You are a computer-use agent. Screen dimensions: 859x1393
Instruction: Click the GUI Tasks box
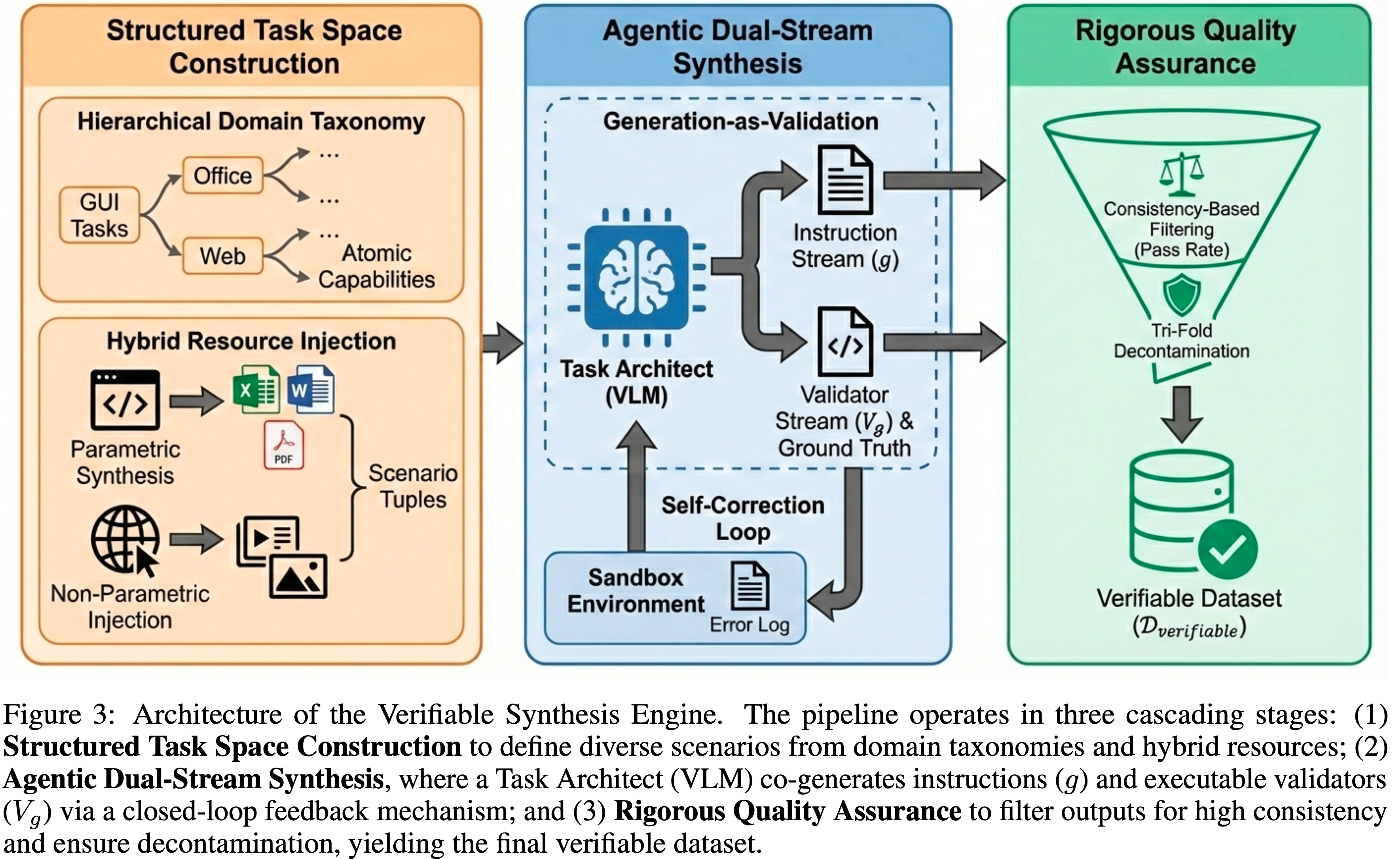pos(99,215)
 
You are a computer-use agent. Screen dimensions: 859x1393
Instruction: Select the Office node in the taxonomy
pos(222,176)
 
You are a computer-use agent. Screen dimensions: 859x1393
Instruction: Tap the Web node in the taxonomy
pos(222,256)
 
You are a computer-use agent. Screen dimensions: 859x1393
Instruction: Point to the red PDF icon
pos(284,445)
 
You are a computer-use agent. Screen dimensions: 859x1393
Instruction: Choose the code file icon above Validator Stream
pos(845,342)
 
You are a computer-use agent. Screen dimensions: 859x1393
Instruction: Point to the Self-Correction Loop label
pos(743,518)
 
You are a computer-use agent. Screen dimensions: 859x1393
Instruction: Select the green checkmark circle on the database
pos(1228,549)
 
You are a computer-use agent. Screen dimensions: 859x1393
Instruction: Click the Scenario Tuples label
pos(413,486)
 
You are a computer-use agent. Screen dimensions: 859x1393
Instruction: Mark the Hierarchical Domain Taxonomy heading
pos(251,121)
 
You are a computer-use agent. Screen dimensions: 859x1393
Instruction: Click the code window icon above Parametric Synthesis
pos(125,400)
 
